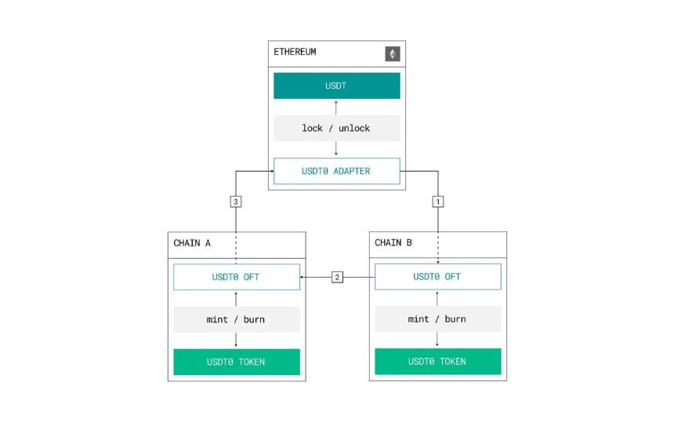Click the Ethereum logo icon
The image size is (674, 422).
pos(393,54)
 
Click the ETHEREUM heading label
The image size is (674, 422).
pos(295,52)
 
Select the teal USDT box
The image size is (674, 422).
pos(336,85)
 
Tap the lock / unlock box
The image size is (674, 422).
pos(336,128)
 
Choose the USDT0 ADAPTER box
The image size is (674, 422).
pos(336,171)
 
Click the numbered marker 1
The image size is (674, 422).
pos(438,202)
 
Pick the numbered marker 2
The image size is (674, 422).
pos(338,277)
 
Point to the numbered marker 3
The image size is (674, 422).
pos(236,202)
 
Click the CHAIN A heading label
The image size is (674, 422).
pos(192,243)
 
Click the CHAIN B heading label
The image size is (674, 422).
pos(393,242)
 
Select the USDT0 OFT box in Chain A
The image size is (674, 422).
pos(237,277)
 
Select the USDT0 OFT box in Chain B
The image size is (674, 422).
pos(438,277)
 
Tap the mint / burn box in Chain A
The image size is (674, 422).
pos(237,319)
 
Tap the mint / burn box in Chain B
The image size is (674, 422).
pos(438,319)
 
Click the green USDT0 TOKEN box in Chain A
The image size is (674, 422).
pos(237,362)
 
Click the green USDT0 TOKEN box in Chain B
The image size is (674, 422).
pos(438,362)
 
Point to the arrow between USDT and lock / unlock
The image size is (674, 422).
pos(336,107)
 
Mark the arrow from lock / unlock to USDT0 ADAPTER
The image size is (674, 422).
pos(336,148)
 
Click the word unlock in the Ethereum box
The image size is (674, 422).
pos(354,128)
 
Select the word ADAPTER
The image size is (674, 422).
pos(352,171)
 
